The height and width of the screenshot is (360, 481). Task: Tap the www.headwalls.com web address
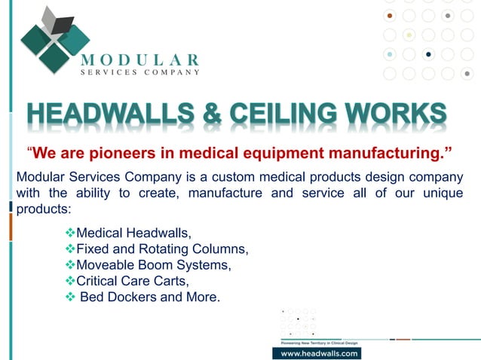tap(316, 352)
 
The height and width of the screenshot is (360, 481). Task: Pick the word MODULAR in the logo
tap(140, 59)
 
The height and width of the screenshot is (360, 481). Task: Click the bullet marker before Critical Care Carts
tap(71, 281)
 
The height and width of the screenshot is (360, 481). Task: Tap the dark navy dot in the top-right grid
tap(428, 54)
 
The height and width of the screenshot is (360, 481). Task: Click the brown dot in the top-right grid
tap(390, 15)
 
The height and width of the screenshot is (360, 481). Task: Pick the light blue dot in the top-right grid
tap(390, 54)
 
